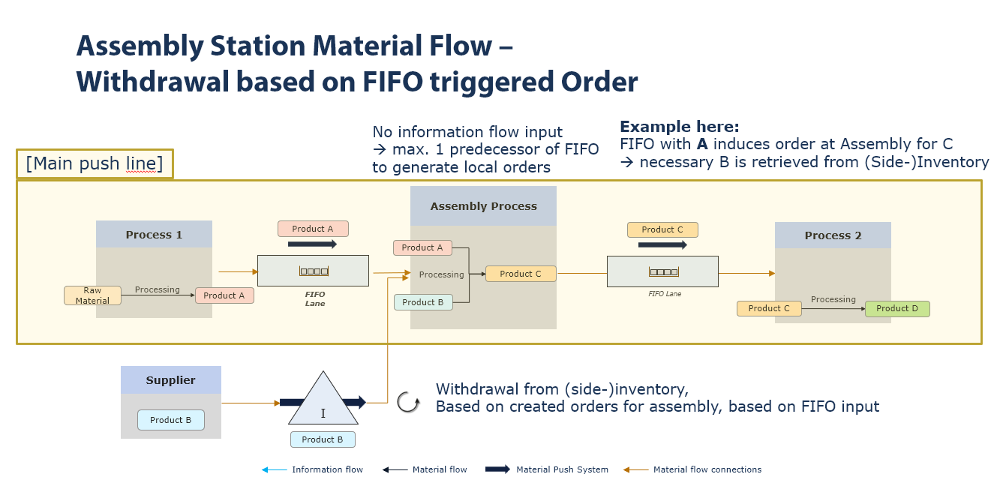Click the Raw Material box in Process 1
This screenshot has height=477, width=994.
pyautogui.click(x=92, y=295)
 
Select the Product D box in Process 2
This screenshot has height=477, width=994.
pyautogui.click(x=896, y=308)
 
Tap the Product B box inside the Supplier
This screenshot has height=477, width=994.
pyautogui.click(x=170, y=420)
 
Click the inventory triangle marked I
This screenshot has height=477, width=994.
pyautogui.click(x=323, y=401)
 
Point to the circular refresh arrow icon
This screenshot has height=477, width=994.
pyautogui.click(x=407, y=402)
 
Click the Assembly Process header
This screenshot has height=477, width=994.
pyautogui.click(x=483, y=206)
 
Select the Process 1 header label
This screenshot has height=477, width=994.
pyautogui.click(x=154, y=235)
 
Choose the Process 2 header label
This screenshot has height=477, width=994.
pyautogui.click(x=833, y=235)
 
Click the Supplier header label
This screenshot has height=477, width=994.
pyautogui.click(x=170, y=380)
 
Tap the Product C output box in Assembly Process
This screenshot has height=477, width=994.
pyautogui.click(x=521, y=274)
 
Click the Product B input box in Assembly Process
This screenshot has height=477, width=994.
pyautogui.click(x=423, y=302)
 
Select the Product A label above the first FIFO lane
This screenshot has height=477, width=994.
pyautogui.click(x=313, y=229)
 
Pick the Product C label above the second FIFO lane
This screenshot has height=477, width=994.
pyautogui.click(x=662, y=229)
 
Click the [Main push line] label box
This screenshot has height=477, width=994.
pyautogui.click(x=95, y=163)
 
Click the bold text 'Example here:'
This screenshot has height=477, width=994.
pyautogui.click(x=679, y=127)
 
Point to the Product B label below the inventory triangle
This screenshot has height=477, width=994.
pyautogui.click(x=323, y=439)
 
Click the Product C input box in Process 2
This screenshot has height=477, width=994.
pyautogui.click(x=769, y=308)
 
